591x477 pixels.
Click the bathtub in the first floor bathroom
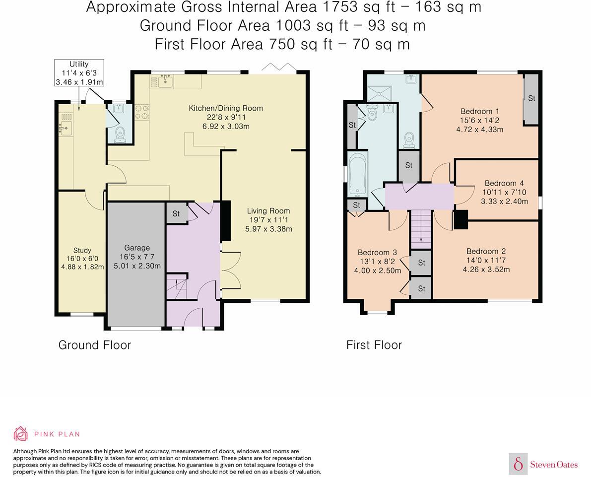357,174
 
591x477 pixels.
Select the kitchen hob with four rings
142,112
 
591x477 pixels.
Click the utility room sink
66,128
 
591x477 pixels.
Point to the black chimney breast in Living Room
225,220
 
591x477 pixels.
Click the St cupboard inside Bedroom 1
531,100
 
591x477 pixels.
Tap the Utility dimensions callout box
79,73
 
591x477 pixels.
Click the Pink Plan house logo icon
21,434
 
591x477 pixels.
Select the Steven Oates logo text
554,465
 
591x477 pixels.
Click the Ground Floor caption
95,345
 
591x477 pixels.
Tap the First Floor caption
374,345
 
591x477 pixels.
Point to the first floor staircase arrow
421,226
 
